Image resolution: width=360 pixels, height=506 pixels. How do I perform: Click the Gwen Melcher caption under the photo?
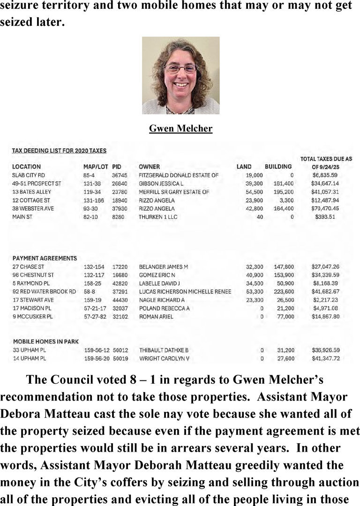pos(180,128)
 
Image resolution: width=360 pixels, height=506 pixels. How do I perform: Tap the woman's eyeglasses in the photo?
pos(180,68)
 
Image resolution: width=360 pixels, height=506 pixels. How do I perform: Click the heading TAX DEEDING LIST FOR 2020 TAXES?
pos(59,151)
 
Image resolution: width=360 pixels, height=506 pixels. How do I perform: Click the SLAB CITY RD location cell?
pos(29,175)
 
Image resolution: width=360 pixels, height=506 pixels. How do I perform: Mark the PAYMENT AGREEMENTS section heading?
pos(45,258)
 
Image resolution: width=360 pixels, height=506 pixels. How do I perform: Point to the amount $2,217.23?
pos(332,300)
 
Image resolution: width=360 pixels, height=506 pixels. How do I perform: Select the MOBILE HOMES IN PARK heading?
pos(46,341)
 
